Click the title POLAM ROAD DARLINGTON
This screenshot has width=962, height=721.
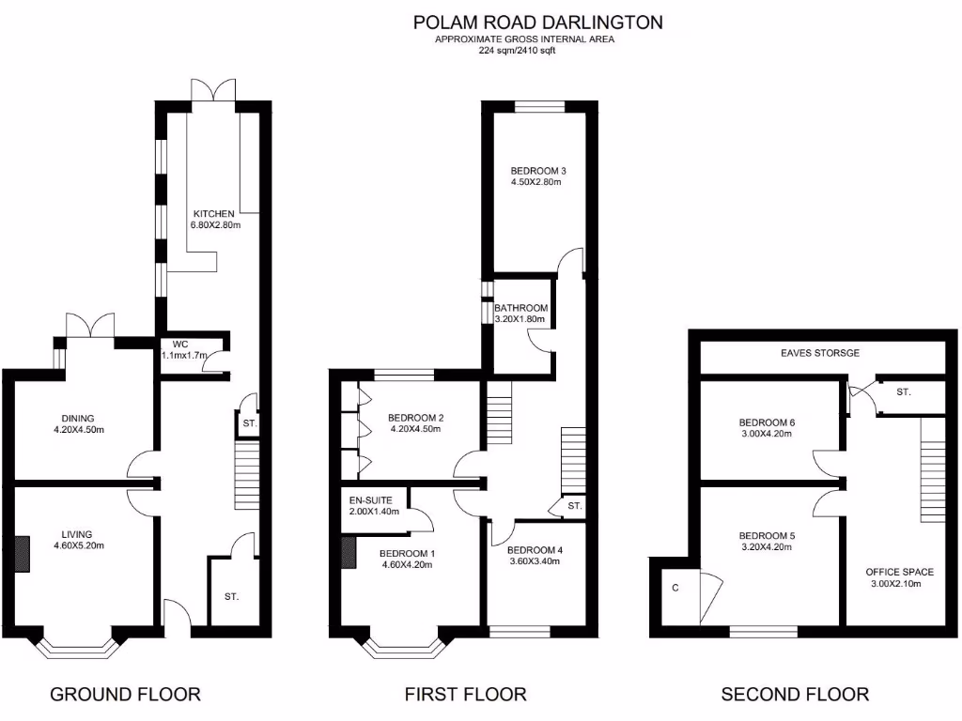pyautogui.click(x=538, y=22)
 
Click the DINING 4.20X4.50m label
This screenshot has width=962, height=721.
pyautogui.click(x=79, y=424)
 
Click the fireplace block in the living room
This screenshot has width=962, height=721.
pyautogui.click(x=23, y=553)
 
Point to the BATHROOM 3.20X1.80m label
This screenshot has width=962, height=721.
pyautogui.click(x=520, y=314)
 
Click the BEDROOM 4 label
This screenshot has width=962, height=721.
pyautogui.click(x=535, y=556)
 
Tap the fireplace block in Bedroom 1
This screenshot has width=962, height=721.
pyautogui.click(x=349, y=553)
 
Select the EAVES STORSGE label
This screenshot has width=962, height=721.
pyautogui.click(x=820, y=354)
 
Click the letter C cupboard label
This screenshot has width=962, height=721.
pyautogui.click(x=675, y=588)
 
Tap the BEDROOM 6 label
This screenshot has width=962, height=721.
pyautogui.click(x=767, y=428)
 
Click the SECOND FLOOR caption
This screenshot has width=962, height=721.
pyautogui.click(x=795, y=695)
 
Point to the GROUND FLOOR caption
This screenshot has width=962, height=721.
pyautogui.click(x=125, y=695)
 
